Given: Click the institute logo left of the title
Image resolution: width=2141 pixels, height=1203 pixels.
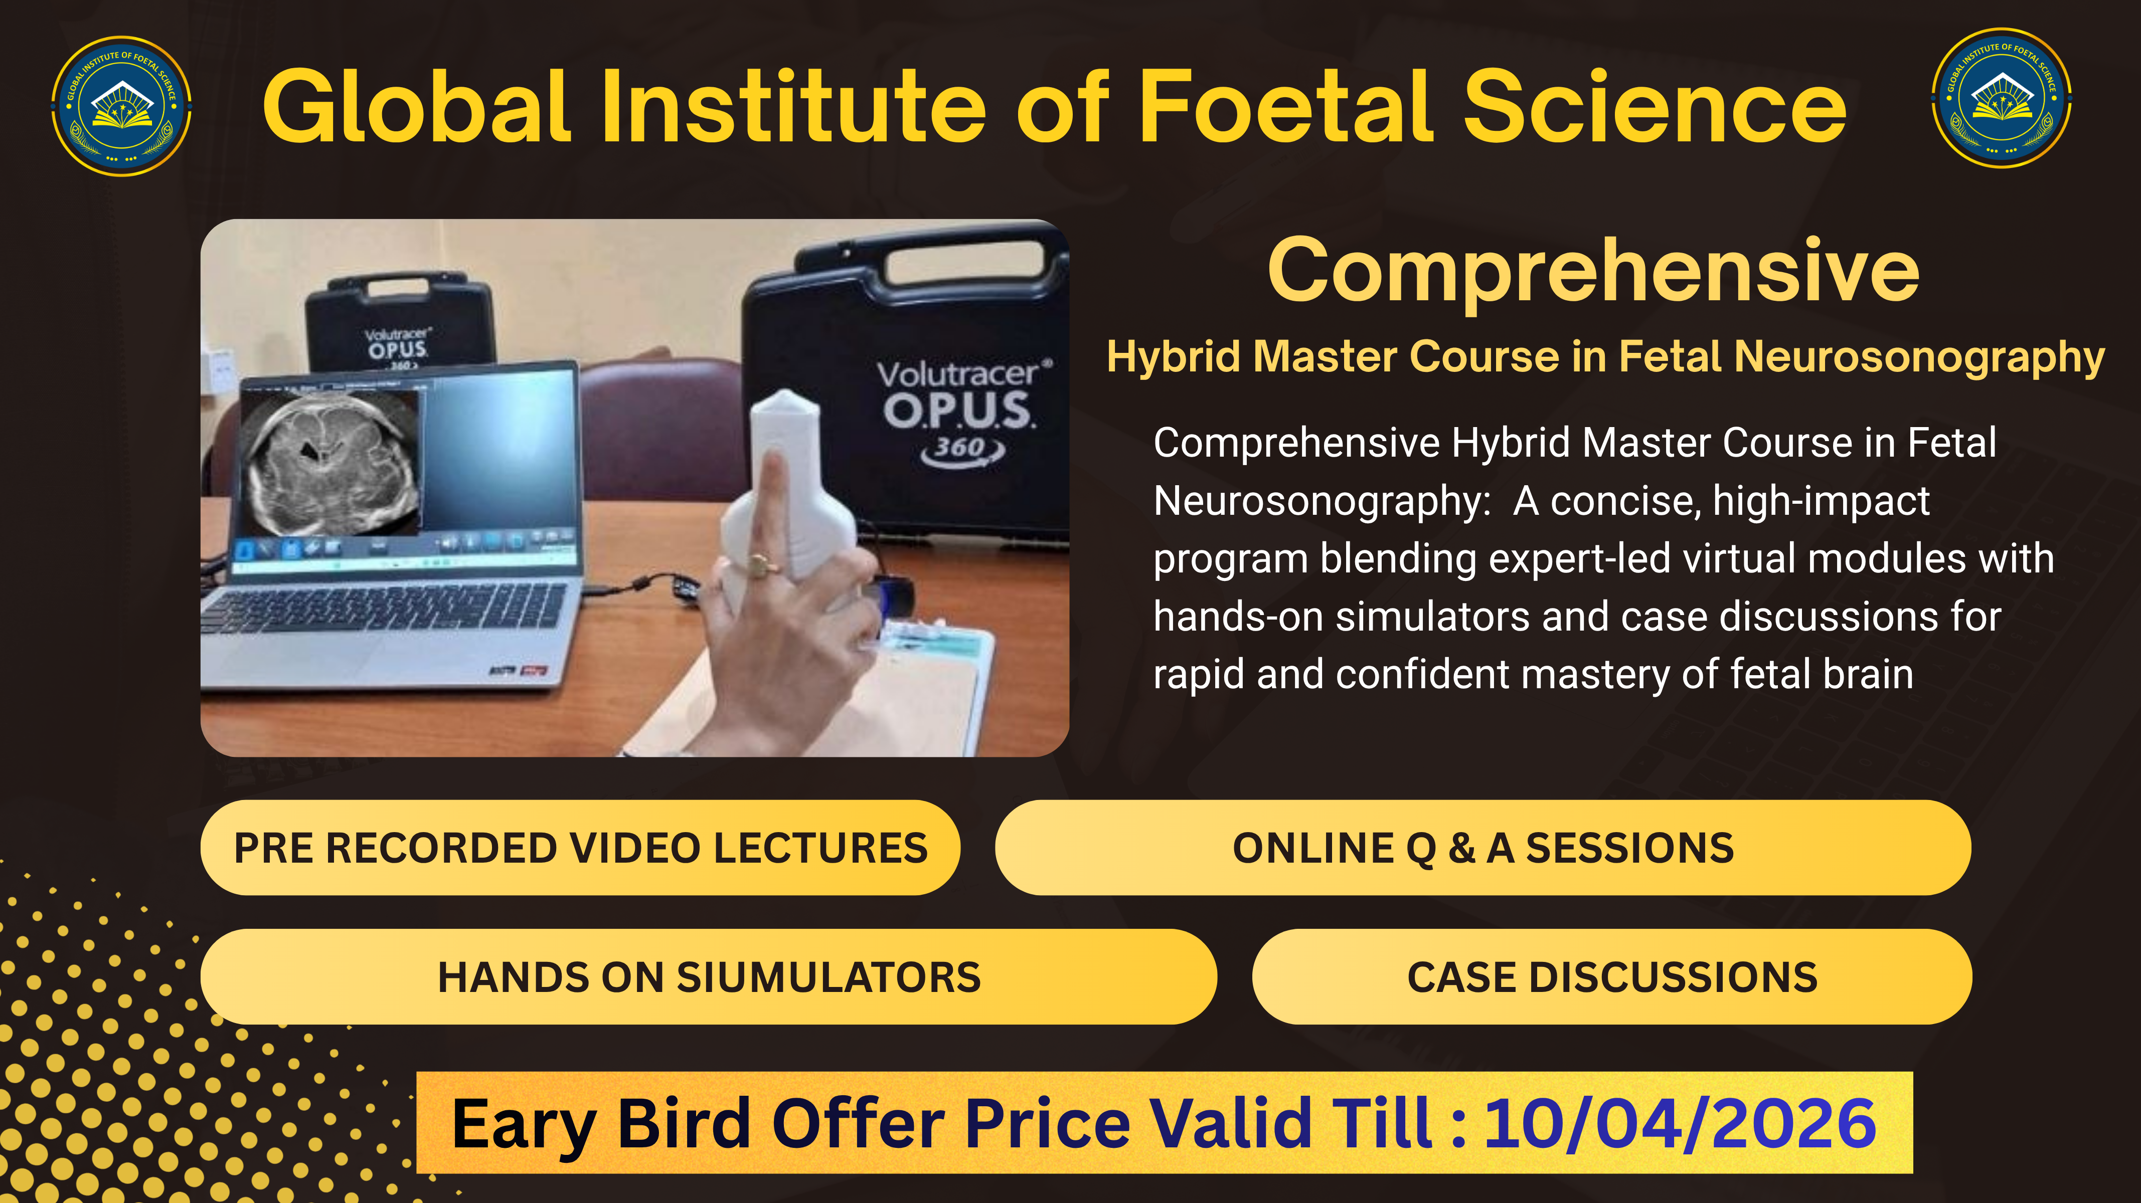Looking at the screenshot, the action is coord(121,106).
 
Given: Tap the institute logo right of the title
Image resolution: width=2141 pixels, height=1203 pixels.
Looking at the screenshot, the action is coord(2002,98).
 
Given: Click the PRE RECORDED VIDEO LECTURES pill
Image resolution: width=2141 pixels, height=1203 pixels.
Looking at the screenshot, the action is coord(580,848).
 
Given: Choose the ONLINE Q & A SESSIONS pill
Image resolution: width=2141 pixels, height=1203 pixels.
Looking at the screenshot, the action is coord(1483,848).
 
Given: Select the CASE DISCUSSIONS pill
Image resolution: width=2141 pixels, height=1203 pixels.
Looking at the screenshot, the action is coord(1611,977).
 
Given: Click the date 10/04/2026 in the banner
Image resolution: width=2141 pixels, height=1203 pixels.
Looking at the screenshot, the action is coord(1680,1123).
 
